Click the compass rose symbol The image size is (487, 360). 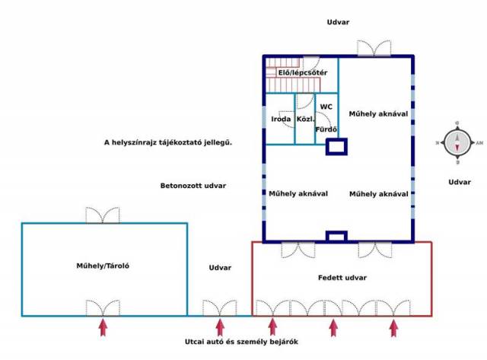(458, 142)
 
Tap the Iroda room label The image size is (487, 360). (281, 120)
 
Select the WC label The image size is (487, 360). (326, 107)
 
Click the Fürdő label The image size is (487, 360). (326, 129)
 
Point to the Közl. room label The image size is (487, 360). (306, 120)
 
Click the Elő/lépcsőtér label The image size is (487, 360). (302, 73)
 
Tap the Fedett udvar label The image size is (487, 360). (342, 277)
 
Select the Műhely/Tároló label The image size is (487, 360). (103, 266)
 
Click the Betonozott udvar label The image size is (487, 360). (193, 186)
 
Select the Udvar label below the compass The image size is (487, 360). (460, 182)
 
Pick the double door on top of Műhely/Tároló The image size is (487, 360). (103, 215)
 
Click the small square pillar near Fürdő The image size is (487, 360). (336, 146)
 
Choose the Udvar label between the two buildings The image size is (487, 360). (220, 268)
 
